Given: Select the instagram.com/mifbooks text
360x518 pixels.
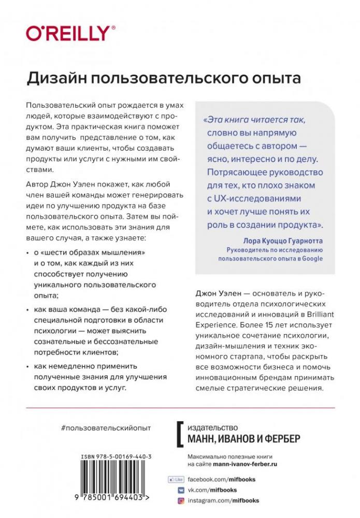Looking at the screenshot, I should [223, 501].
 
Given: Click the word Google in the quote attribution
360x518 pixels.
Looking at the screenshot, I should [311, 258].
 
